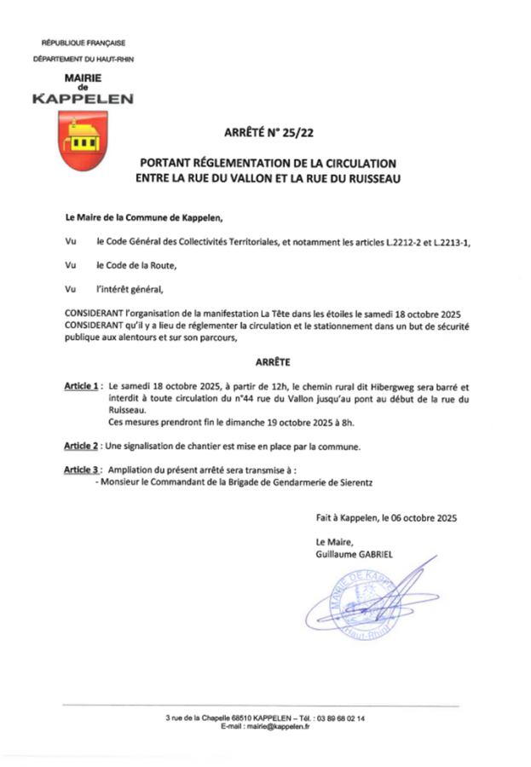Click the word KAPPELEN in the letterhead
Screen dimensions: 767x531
pos(83,99)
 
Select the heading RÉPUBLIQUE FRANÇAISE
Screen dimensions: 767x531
pos(84,42)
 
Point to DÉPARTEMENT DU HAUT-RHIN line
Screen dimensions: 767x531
pos(84,59)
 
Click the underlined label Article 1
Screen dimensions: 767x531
pos(82,385)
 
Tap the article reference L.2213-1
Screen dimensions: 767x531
pos(452,242)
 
